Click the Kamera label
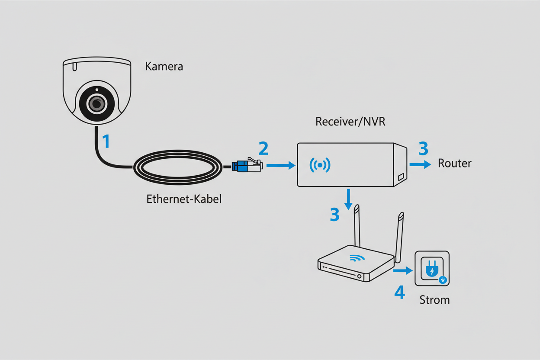pyautogui.click(x=164, y=67)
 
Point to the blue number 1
pyautogui.click(x=105, y=142)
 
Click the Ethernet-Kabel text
pyautogui.click(x=184, y=199)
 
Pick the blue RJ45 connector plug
pyautogui.click(x=247, y=166)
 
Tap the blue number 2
pyautogui.click(x=263, y=149)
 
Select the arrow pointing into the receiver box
pyautogui.click(x=280, y=165)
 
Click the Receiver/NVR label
pyautogui.click(x=350, y=122)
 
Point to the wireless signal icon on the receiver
pyautogui.click(x=320, y=165)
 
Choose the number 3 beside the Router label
pyautogui.click(x=423, y=149)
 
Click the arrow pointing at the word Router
pyautogui.click(x=420, y=164)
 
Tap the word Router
pyautogui.click(x=454, y=163)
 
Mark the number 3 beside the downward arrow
pyautogui.click(x=334, y=215)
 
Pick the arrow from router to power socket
pyautogui.click(x=403, y=271)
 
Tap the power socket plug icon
pyautogui.click(x=432, y=270)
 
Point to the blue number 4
pyautogui.click(x=399, y=293)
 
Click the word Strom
pyautogui.click(x=434, y=300)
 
